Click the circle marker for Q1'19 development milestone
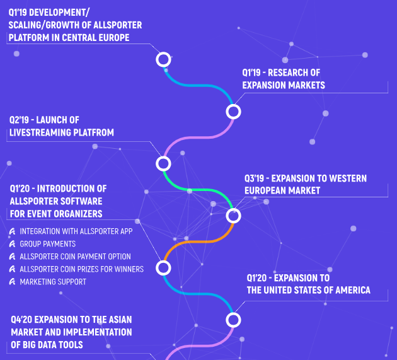(163, 59)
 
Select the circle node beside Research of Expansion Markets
(234, 112)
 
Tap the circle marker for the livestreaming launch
(163, 164)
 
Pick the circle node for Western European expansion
(234, 216)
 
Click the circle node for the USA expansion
(234, 320)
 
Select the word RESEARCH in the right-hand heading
(287, 73)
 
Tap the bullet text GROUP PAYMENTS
(48, 244)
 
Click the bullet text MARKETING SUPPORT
(53, 282)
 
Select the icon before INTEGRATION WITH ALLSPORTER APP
(12, 231)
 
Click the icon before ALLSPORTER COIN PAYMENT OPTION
(12, 257)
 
